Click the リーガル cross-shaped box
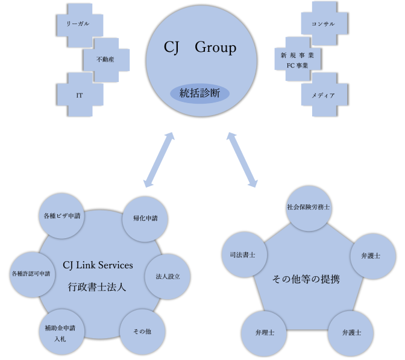(80, 24)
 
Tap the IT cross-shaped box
(80, 95)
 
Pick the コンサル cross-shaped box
(323, 24)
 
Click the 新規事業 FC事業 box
(297, 59)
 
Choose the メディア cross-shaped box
(323, 95)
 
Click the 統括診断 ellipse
(199, 93)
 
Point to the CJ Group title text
(199, 48)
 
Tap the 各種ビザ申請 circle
(63, 215)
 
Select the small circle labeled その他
(142, 332)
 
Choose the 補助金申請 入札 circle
(63, 333)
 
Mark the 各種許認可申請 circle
(34, 274)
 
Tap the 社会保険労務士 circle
(308, 207)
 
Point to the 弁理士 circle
(263, 332)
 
